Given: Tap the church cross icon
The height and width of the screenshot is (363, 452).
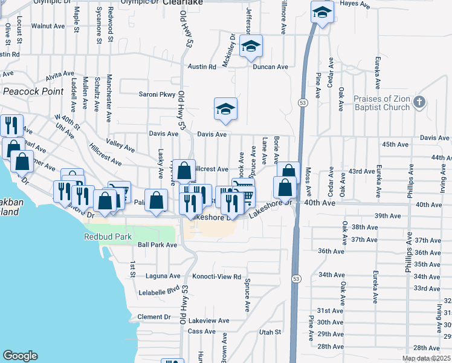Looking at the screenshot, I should tap(422, 102).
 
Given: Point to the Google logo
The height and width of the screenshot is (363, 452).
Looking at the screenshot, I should tap(20, 356).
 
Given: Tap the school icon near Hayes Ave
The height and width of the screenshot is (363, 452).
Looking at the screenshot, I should tap(323, 12).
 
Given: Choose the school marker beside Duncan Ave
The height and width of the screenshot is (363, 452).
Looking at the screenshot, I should tap(251, 47).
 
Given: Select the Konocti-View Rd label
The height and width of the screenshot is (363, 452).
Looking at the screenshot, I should tap(216, 276).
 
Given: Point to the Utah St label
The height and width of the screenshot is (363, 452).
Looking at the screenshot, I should tap(270, 332).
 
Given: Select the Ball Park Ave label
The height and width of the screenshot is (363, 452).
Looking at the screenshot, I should tap(157, 245).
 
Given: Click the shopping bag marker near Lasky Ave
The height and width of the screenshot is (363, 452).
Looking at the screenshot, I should tap(156, 200).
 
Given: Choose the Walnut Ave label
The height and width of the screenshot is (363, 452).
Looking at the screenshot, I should tap(48, 26).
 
